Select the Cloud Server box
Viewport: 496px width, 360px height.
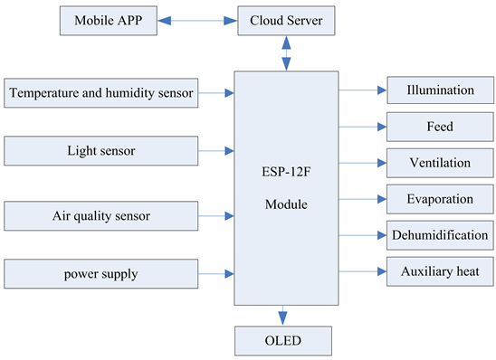click(x=286, y=21)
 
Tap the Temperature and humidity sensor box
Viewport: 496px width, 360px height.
click(x=101, y=92)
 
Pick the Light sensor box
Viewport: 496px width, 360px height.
click(x=101, y=151)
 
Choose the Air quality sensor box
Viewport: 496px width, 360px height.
click(x=101, y=215)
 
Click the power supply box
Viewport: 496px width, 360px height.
click(x=101, y=273)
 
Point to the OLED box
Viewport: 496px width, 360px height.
click(x=282, y=341)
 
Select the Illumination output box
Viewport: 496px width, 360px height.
click(x=440, y=90)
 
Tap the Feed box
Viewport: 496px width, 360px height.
click(x=440, y=128)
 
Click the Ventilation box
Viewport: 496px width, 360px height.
click(x=440, y=163)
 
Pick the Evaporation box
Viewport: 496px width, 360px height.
click(x=440, y=199)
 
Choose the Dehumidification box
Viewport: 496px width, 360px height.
click(x=440, y=235)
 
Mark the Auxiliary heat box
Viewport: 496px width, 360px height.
click(x=440, y=271)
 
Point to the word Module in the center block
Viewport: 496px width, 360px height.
click(x=286, y=205)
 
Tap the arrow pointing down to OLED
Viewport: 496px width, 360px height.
click(x=282, y=315)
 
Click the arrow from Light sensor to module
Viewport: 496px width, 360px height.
click(x=216, y=151)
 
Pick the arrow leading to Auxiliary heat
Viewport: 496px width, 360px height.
click(x=362, y=271)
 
